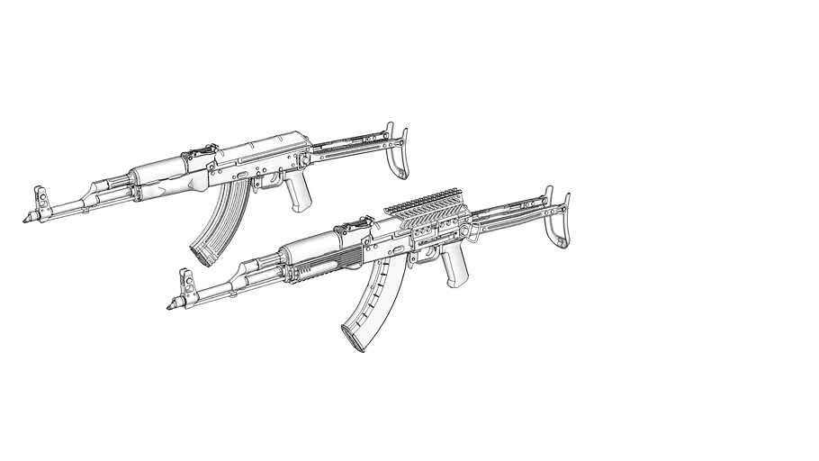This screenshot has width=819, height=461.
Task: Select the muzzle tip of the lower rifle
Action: (170, 307)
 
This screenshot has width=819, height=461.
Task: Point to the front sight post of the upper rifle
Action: (40, 194)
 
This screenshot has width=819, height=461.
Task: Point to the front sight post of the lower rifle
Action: (189, 278)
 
